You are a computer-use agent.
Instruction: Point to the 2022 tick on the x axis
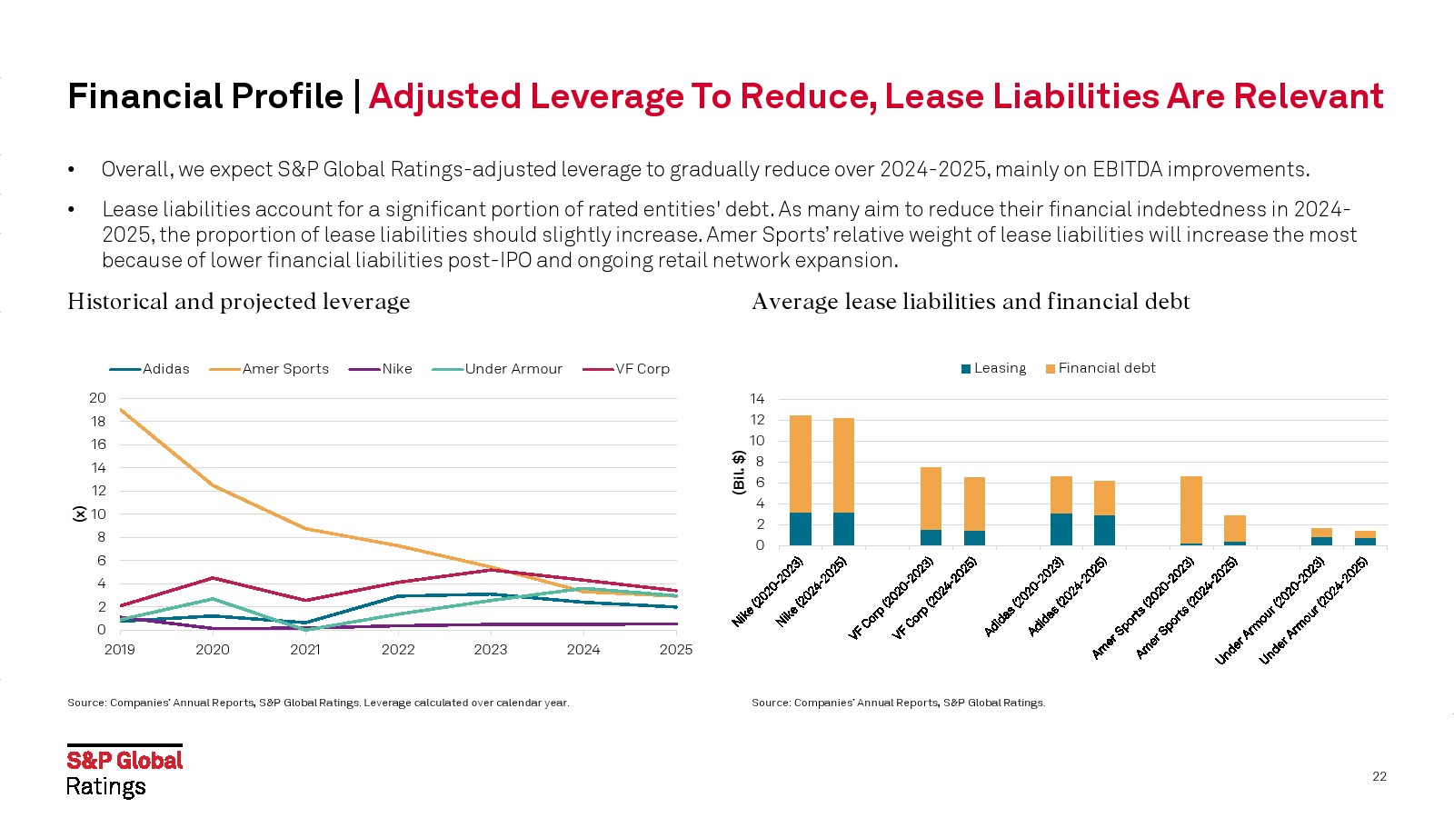398,649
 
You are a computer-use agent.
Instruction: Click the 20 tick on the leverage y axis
97,398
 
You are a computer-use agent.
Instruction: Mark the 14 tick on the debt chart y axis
757,399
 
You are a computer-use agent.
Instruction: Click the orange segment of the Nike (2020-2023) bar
801,464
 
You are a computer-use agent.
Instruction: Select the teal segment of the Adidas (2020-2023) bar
1061,529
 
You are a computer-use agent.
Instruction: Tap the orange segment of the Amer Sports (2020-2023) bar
1191,509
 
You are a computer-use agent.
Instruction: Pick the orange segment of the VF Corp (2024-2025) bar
974,504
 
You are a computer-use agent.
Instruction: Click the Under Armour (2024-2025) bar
1365,538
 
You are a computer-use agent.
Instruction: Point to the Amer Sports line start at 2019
120,409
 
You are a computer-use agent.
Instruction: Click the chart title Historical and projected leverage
238,302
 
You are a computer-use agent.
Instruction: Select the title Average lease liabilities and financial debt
971,302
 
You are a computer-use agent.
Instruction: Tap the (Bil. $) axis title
739,472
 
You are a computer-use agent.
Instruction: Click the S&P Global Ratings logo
124,772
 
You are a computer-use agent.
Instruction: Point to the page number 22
1379,776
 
